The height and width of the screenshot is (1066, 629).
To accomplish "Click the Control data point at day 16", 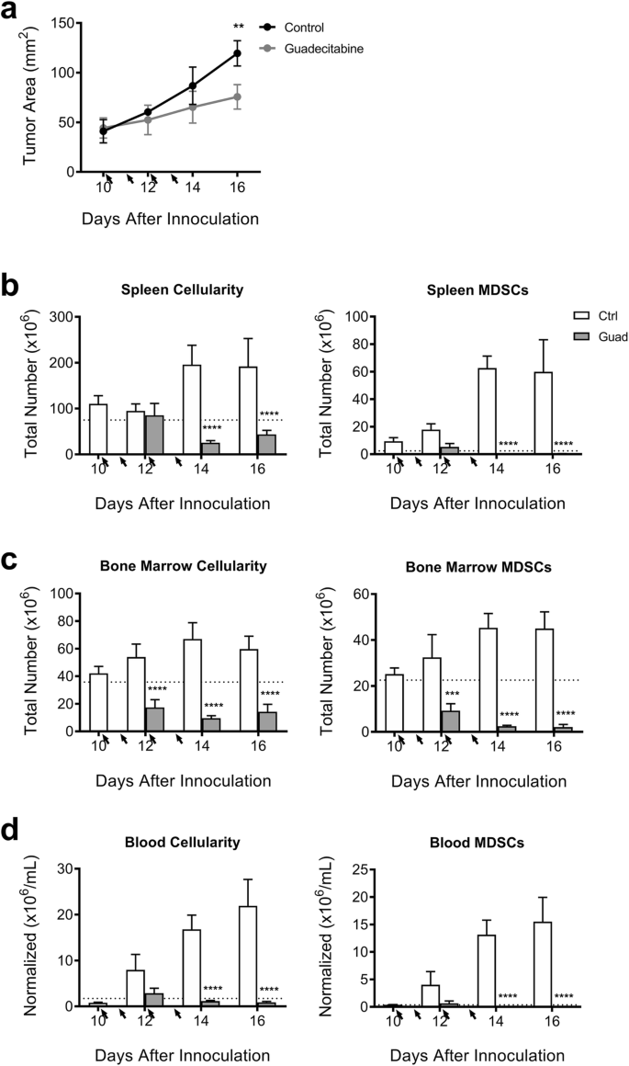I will pos(237,53).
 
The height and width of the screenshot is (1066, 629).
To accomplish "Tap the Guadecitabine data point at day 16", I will pos(237,96).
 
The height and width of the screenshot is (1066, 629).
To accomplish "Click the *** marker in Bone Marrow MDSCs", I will pos(450,695).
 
